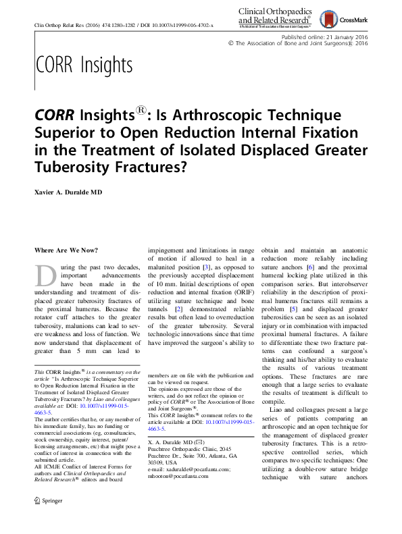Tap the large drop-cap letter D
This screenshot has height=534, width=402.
pos(45,277)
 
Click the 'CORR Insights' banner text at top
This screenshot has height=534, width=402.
pos(83,65)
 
